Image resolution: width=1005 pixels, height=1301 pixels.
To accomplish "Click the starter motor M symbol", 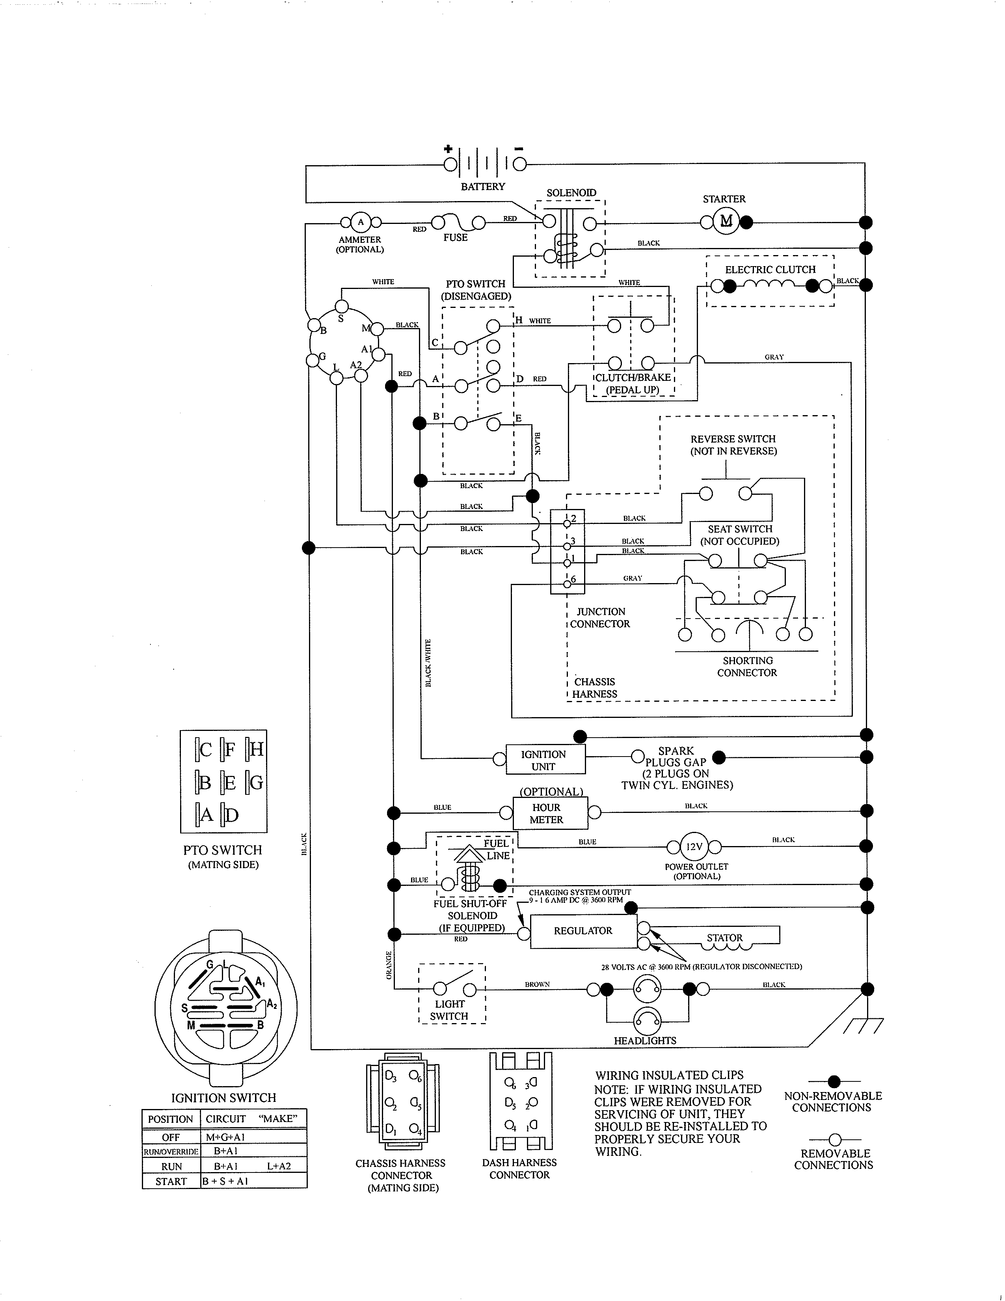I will [726, 222].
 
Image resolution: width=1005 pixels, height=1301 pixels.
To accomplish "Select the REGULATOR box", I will [583, 930].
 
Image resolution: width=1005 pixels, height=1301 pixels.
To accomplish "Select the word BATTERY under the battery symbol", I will [482, 186].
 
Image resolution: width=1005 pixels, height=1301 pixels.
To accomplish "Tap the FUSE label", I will [456, 237].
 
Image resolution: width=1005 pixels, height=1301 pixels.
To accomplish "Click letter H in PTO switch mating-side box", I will [256, 749].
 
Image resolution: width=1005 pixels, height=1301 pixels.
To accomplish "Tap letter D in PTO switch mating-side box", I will [232, 815].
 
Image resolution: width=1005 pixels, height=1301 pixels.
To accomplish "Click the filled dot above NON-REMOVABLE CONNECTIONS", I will [834, 1081].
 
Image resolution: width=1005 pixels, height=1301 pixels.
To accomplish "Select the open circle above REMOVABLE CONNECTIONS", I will [834, 1140].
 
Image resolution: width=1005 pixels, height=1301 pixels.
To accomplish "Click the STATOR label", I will [724, 937].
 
